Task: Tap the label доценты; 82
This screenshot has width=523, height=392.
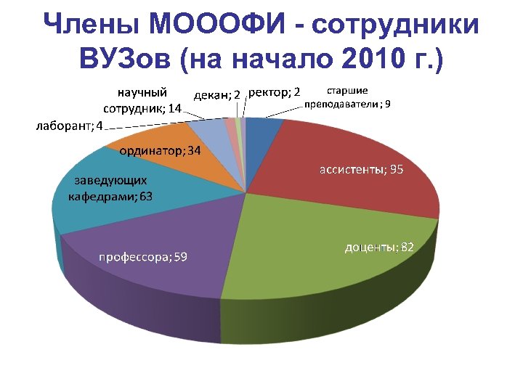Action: click(378, 248)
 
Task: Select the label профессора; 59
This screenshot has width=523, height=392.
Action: click(142, 257)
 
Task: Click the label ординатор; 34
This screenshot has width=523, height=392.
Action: click(161, 152)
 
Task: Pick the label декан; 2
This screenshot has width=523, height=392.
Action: click(218, 94)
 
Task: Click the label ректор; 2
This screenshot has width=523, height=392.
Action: click(275, 92)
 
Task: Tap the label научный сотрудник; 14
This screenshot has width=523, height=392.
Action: click(143, 100)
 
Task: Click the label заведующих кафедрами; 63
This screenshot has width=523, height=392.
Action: click(108, 188)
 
